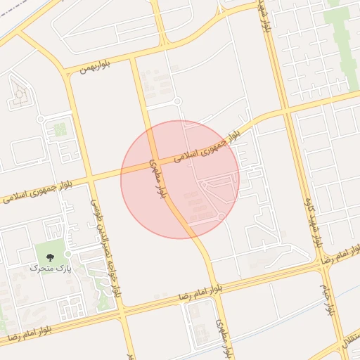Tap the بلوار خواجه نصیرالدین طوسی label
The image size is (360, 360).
(x=105, y=254)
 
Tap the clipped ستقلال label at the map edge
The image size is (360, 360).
(x=352, y=345)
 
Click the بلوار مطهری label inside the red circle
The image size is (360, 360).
(x=160, y=181)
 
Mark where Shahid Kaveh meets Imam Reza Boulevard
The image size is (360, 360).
(x=326, y=261)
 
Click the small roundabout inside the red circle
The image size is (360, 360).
(x=221, y=217)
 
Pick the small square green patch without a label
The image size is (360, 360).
(x=60, y=129)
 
